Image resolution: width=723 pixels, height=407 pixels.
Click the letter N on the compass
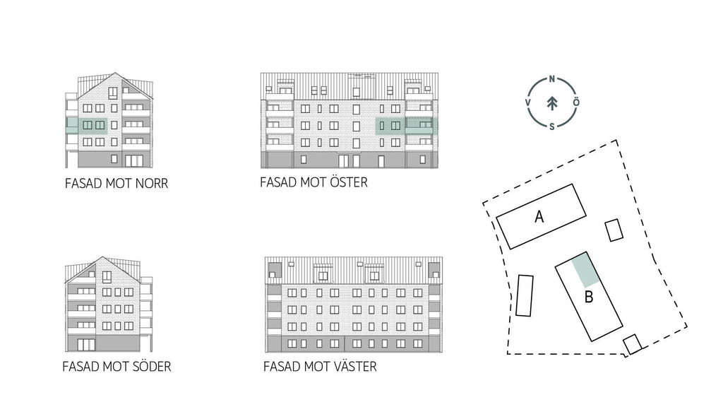(x=552, y=79)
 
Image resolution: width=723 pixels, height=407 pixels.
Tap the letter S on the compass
(x=552, y=126)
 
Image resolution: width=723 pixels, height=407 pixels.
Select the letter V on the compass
(x=528, y=102)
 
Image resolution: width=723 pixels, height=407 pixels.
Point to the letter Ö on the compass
(x=576, y=102)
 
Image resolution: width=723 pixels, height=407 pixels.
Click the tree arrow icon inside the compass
(x=552, y=103)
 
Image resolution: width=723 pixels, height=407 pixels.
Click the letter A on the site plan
(x=539, y=216)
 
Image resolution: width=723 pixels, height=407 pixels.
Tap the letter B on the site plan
(x=588, y=297)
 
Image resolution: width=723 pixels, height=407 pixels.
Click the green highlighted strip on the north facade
(x=87, y=126)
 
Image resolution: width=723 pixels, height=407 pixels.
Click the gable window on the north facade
(x=113, y=93)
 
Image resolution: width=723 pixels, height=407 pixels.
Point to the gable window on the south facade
(x=107, y=276)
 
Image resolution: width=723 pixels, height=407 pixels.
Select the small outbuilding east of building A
(x=614, y=230)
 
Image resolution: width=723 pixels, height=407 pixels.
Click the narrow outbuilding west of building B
(x=525, y=296)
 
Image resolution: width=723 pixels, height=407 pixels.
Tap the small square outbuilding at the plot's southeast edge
(x=632, y=344)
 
